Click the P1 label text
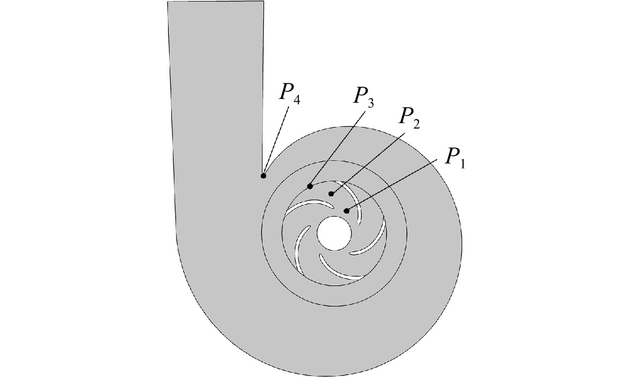pyautogui.click(x=455, y=157)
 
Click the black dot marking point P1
pyautogui.click(x=346, y=211)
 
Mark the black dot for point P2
pyautogui.click(x=331, y=194)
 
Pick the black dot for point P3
pyautogui.click(x=310, y=186)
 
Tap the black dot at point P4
pyautogui.click(x=263, y=176)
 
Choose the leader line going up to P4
pyautogui.click(x=276, y=141)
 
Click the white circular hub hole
pyautogui.click(x=333, y=233)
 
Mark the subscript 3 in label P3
pyautogui.click(x=370, y=103)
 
